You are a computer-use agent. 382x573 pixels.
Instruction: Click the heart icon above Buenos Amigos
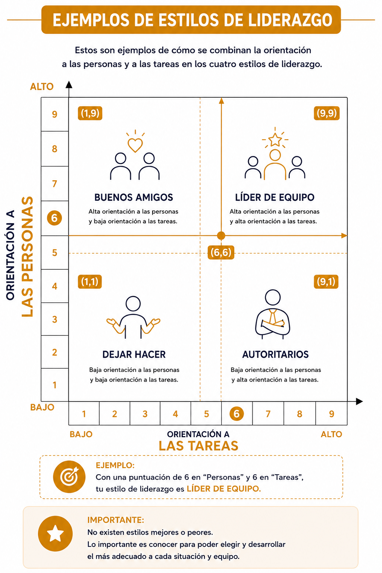(135, 145)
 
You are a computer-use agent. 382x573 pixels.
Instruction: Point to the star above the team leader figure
(275, 140)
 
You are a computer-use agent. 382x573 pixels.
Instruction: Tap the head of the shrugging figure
(133, 304)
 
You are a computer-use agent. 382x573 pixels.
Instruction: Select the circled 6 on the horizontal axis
(237, 414)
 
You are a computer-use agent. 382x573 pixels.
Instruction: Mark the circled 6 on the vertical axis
(54, 218)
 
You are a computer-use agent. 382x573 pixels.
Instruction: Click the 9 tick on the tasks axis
(331, 414)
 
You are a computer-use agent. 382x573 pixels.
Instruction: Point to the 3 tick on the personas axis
(54, 319)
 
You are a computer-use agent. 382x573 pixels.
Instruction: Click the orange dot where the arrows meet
(221, 235)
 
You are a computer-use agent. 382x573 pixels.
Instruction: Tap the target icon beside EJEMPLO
(69, 476)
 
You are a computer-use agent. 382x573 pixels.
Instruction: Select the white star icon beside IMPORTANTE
(55, 533)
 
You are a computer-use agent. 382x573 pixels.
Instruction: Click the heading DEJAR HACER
(134, 354)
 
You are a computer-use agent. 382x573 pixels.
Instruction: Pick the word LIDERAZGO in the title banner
(290, 20)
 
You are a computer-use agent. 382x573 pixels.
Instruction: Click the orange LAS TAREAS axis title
(198, 446)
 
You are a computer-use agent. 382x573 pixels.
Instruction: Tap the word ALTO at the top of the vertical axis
(42, 87)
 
